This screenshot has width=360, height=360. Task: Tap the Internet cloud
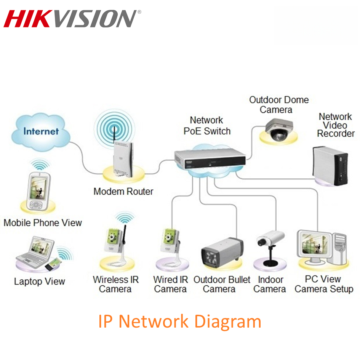(41, 132)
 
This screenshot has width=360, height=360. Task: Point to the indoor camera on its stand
(269, 247)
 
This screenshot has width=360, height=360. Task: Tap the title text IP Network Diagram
(180, 321)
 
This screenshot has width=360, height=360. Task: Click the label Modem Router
(123, 191)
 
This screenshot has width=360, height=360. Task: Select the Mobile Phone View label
(43, 222)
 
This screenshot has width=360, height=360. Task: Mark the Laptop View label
(40, 282)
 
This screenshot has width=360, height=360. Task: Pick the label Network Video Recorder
(336, 125)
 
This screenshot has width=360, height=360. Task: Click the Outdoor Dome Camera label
(278, 105)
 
